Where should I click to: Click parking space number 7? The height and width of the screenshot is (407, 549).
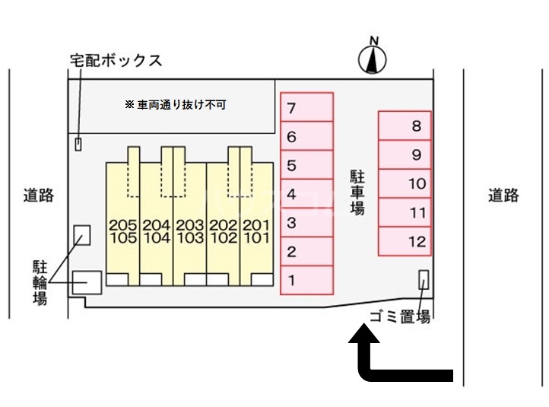click(x=306, y=107)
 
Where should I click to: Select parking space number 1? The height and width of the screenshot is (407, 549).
click(x=306, y=279)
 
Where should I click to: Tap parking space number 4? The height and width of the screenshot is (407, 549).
click(x=306, y=194)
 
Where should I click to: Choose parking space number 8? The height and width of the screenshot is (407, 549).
click(x=405, y=126)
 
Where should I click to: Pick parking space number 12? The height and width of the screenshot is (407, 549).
click(x=405, y=243)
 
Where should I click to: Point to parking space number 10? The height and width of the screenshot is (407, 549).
click(x=405, y=184)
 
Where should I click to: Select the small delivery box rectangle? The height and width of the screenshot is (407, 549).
click(x=78, y=143)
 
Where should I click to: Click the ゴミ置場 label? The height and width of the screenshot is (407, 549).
click(x=400, y=317)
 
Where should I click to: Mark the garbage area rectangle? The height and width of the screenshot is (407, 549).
click(x=424, y=280)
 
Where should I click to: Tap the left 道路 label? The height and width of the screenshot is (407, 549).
click(x=38, y=196)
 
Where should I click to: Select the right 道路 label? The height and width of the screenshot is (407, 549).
click(x=503, y=196)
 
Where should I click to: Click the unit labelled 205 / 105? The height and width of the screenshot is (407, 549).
click(x=122, y=231)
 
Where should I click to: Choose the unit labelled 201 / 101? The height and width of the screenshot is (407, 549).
click(x=256, y=231)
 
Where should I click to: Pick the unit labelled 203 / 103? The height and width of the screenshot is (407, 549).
click(x=189, y=231)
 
